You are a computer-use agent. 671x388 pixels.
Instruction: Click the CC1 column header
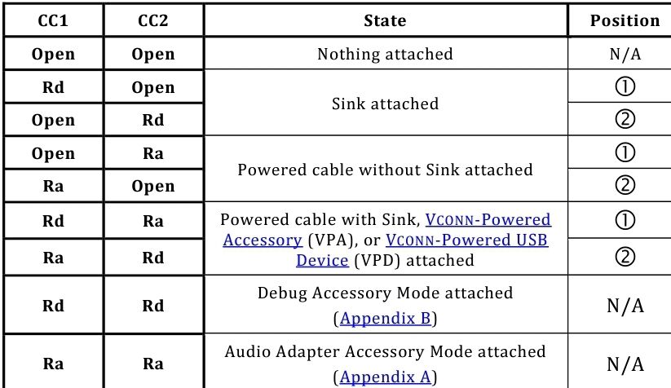53,20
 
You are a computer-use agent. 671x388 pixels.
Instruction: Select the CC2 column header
153,20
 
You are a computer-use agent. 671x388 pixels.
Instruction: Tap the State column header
385,20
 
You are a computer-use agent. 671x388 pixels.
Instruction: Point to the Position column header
625,20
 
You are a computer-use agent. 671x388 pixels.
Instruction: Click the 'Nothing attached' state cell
385,54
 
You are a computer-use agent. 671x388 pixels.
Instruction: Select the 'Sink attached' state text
385,104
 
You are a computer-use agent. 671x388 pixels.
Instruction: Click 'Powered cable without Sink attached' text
385,170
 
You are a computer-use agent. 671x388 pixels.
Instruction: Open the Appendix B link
385,318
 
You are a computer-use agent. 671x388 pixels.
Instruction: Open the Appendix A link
385,377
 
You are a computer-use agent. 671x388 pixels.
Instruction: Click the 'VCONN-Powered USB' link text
466,240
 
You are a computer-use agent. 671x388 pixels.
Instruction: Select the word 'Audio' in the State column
248,351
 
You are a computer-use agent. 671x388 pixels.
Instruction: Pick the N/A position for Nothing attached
625,54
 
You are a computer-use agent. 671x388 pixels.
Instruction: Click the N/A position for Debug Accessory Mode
625,306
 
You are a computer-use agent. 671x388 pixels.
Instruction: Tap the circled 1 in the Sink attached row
625,87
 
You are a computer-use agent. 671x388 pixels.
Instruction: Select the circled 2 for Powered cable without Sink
625,185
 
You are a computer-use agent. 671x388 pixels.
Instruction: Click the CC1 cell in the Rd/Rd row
53,306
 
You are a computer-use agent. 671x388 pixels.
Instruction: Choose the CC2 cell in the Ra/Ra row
153,364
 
